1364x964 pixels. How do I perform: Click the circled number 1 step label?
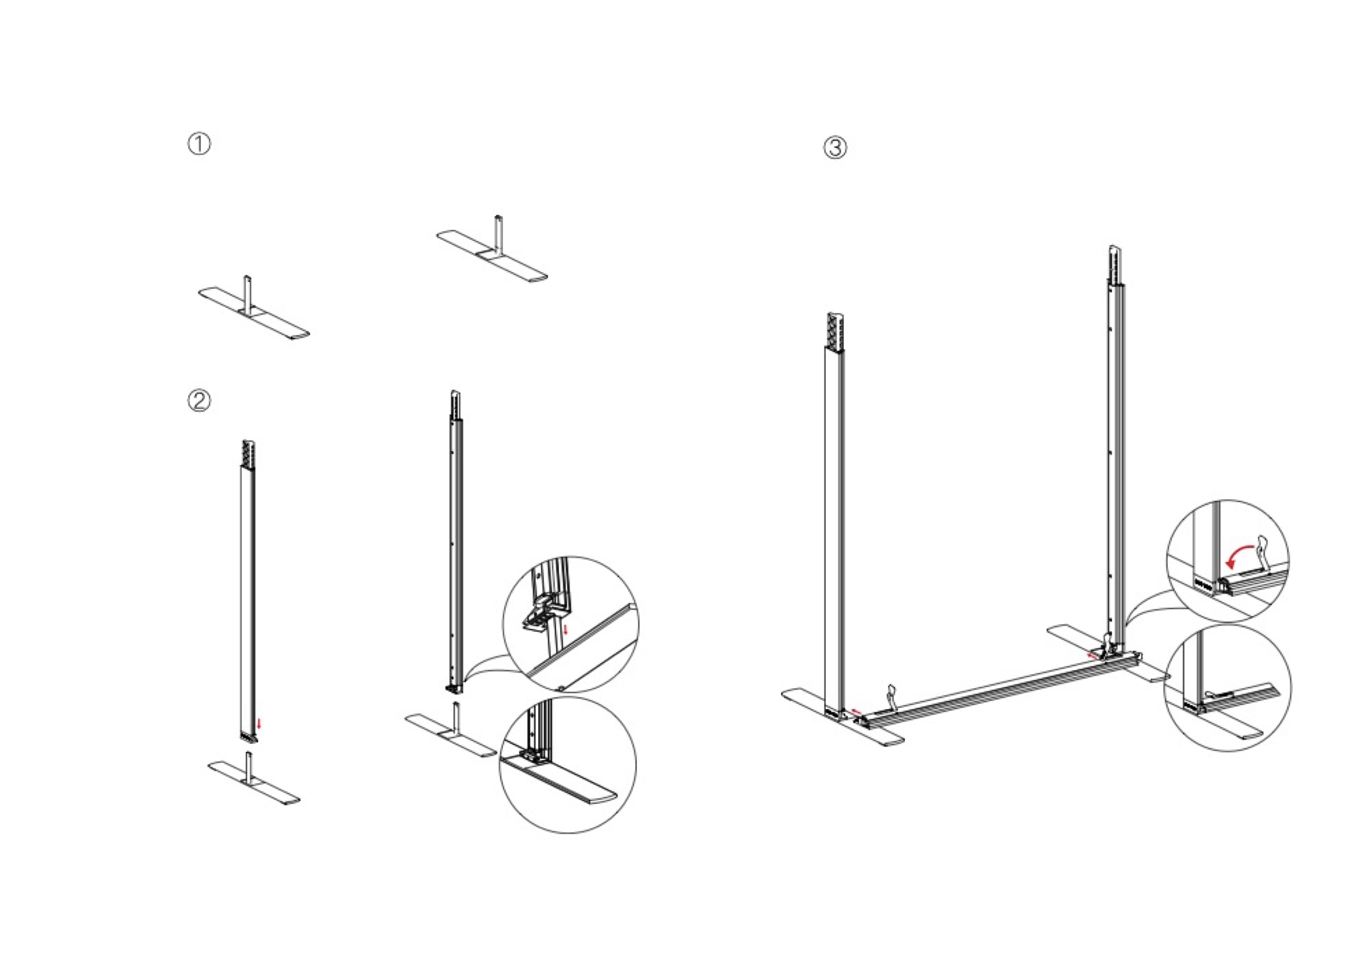click(200, 144)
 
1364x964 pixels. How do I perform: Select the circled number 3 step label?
click(834, 147)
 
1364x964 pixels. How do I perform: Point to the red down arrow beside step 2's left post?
click(259, 723)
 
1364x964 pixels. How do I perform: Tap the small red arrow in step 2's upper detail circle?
click(565, 629)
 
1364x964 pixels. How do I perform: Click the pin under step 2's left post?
click(249, 766)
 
